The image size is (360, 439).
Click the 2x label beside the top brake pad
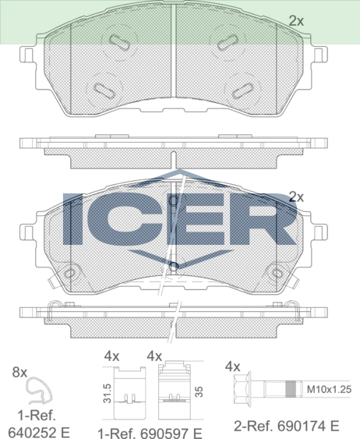pyautogui.click(x=296, y=21)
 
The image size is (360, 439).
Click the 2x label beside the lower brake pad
pyautogui.click(x=296, y=197)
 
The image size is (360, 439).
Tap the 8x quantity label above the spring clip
pyautogui.click(x=19, y=373)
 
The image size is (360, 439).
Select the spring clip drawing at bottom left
pyautogui.click(x=39, y=391)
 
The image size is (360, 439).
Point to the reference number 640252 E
pyautogui.click(x=39, y=433)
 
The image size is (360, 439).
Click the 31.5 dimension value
pyautogui.click(x=107, y=393)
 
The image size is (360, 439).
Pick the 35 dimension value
pyautogui.click(x=199, y=391)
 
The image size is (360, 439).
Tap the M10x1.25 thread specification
pyautogui.click(x=329, y=389)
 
